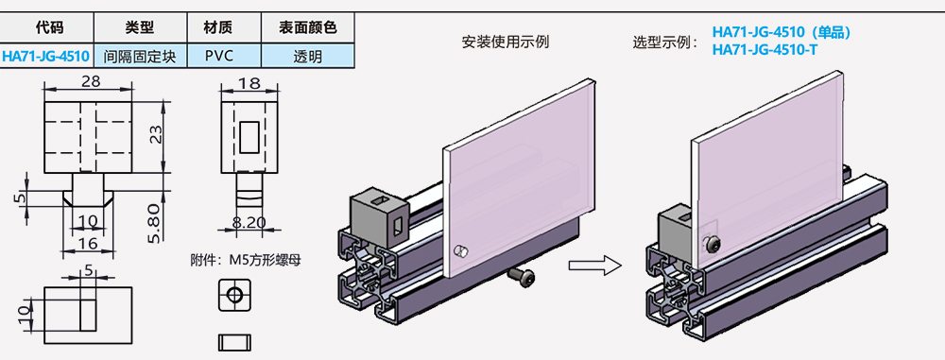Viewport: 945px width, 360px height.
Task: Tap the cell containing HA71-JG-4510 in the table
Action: coord(46,56)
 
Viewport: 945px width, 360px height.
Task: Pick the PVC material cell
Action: coord(218,56)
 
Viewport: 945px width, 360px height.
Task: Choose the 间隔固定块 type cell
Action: coord(140,56)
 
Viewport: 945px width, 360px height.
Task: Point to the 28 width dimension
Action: coord(91,82)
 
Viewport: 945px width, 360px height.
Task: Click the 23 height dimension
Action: coord(158,135)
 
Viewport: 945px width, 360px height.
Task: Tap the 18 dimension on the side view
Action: coord(249,83)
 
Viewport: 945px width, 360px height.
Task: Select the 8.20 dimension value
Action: coord(249,223)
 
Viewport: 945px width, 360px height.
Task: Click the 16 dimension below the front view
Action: coord(88,243)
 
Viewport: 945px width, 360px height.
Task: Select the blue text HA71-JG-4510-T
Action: coord(765,49)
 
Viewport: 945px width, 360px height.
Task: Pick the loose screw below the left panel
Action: coord(521,274)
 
